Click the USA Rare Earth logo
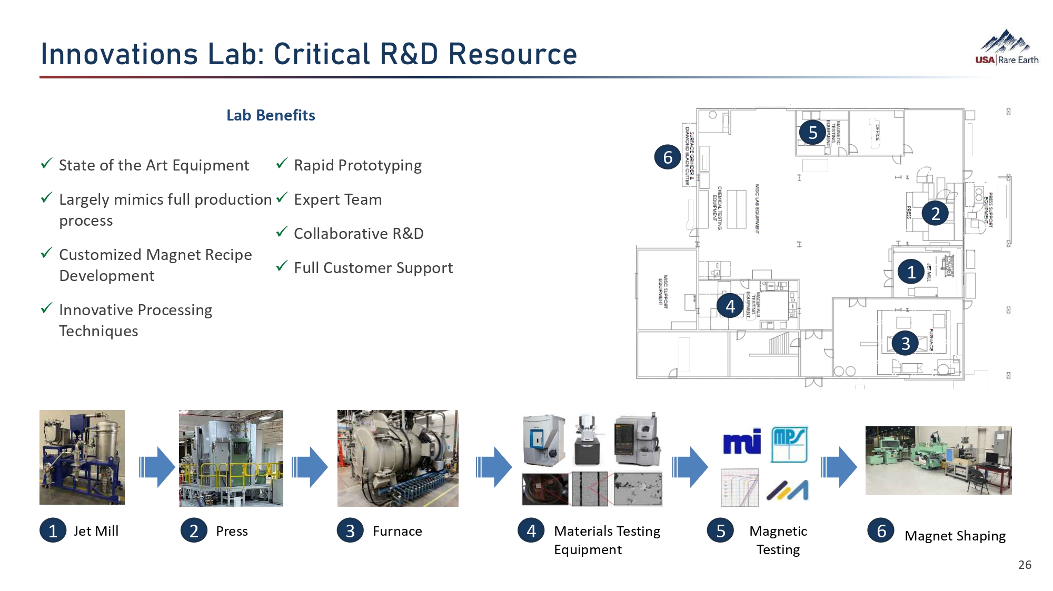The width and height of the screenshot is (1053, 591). pos(1006,48)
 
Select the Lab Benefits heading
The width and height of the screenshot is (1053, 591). pos(271,115)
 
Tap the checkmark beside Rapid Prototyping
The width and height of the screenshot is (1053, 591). pos(282,164)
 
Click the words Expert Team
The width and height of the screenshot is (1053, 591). pos(337,199)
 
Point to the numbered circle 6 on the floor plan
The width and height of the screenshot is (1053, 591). pos(668,157)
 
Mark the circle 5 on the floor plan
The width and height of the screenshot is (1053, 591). pos(812,133)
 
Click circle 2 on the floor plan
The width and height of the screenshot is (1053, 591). pos(935,213)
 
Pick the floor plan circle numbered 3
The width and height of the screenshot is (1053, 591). pos(905,343)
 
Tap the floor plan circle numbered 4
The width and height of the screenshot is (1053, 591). pos(730,306)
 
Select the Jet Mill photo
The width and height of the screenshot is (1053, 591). pos(82,457)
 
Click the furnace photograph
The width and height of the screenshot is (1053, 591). pos(398,458)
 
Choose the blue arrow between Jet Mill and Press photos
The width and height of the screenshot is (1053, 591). pos(157,467)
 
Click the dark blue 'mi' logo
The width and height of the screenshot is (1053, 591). pos(742,442)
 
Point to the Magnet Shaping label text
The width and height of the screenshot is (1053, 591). pos(955,536)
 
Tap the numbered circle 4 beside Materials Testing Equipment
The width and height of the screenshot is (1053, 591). pos(531,530)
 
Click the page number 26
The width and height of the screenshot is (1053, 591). pos(1025,565)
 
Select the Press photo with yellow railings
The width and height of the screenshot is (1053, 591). pos(231,458)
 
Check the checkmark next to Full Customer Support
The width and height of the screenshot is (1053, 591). pos(282,266)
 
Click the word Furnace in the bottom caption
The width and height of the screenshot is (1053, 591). pos(397,531)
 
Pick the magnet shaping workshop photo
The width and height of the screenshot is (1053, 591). pos(938,460)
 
